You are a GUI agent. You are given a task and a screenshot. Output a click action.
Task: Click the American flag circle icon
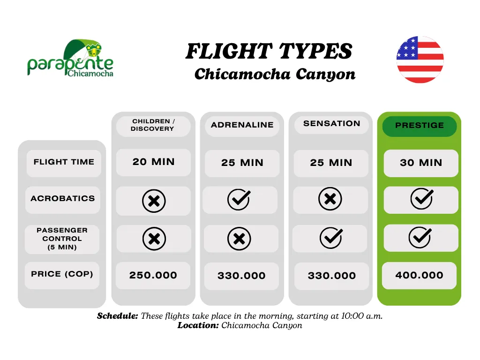420,60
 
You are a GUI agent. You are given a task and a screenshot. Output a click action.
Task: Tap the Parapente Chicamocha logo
70,58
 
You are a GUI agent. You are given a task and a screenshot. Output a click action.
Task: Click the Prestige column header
420,126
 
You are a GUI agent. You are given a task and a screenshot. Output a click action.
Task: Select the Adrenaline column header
242,125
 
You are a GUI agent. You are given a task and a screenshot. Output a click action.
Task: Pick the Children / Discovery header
153,125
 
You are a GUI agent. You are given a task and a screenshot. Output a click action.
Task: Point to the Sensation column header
331,124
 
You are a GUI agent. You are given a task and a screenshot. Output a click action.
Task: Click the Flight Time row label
64,162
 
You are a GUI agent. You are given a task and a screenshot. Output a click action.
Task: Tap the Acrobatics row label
63,199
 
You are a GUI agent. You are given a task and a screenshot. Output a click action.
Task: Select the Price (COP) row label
62,274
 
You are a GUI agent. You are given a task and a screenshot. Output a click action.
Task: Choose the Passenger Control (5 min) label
62,239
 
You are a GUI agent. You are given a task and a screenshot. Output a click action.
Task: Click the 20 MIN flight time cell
153,162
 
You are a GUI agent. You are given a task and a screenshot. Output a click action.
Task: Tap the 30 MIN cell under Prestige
421,163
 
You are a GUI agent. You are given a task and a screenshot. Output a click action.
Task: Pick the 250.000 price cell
153,275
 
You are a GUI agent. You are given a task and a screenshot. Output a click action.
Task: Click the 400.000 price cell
420,275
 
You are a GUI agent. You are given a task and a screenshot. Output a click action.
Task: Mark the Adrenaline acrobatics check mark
239,199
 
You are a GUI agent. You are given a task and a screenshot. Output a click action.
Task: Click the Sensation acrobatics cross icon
330,199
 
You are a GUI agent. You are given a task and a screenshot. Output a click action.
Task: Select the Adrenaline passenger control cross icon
239,239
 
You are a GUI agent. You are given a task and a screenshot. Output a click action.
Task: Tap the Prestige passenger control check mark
420,237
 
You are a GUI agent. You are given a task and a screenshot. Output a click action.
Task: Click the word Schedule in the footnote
118,316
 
